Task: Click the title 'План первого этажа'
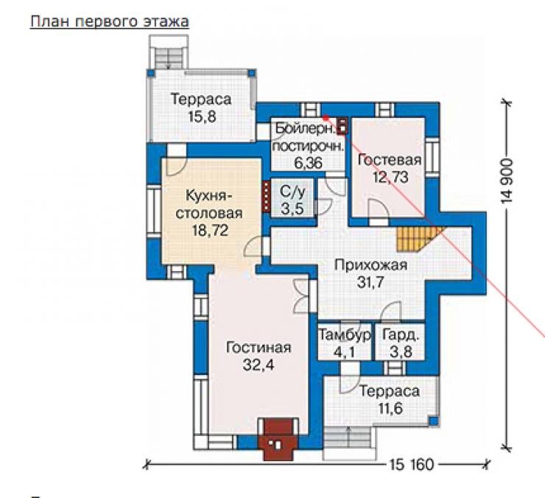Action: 110,21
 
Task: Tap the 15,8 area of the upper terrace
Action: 202,116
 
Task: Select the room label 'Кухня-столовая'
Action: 209,204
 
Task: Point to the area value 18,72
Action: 211,231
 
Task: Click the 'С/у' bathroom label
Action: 292,192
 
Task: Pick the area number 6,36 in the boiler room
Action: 309,163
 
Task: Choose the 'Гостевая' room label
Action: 390,160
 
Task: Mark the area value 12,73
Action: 390,178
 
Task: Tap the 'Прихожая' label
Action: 370,265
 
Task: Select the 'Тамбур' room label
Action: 345,335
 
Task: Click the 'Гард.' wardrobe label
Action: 401,335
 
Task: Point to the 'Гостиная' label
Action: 259,348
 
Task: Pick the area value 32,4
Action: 259,365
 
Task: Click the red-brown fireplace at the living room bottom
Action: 278,440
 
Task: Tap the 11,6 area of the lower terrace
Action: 390,408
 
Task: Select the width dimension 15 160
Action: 412,465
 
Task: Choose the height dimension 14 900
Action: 507,181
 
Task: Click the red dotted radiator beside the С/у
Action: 266,196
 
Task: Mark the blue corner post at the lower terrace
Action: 433,421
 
